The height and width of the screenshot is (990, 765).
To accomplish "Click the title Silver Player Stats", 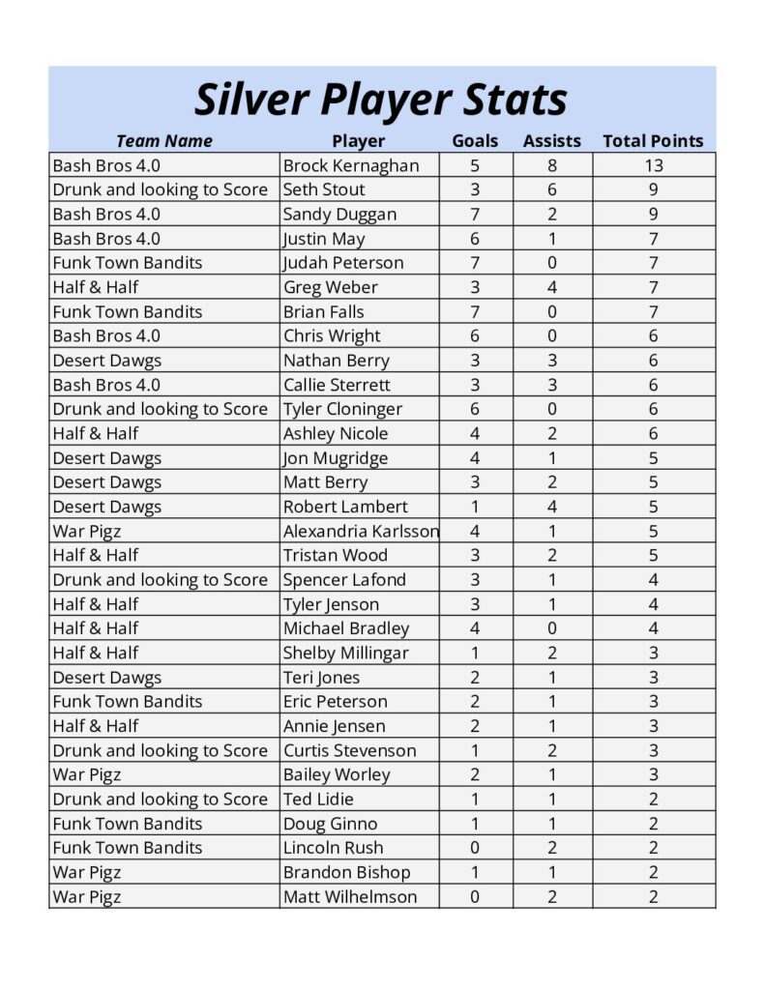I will click(381, 99).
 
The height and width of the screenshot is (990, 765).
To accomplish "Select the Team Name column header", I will click(163, 141).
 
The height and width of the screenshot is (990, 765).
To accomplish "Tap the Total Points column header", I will click(653, 141).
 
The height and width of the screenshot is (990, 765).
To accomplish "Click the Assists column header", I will click(551, 141).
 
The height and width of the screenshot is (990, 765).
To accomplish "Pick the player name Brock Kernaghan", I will click(351, 165).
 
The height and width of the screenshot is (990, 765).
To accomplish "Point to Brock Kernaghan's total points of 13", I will click(653, 165).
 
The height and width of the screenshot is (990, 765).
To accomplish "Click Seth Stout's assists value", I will click(551, 189).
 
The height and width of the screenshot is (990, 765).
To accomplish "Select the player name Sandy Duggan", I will click(339, 215).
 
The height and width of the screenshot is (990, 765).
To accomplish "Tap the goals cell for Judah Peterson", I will click(475, 263).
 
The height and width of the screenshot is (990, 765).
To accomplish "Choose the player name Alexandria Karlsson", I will click(360, 531).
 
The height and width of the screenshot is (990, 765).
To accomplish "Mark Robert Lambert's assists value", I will click(551, 507).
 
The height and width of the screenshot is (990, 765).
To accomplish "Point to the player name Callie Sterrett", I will click(336, 385).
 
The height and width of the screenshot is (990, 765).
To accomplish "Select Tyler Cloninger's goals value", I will click(475, 409).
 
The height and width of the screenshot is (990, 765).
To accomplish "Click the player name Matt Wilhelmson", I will click(350, 896).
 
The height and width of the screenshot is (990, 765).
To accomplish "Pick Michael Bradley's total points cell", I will click(653, 628).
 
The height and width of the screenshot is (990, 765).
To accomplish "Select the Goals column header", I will click(475, 141).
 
